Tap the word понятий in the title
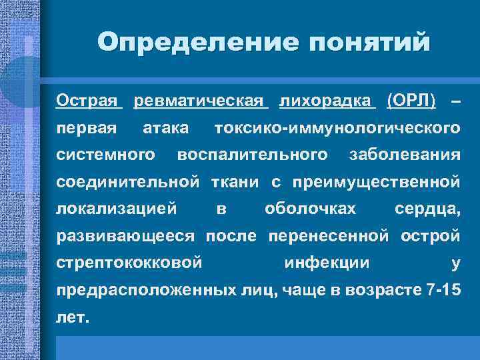pyautogui.click(x=365, y=43)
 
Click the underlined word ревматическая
pyautogui.click(x=201, y=101)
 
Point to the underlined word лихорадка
pyautogui.click(x=327, y=101)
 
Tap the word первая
pyautogui.click(x=87, y=127)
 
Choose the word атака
pyautogui.click(x=166, y=127)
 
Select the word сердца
pyautogui.click(x=427, y=209)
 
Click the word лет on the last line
pyautogui.click(x=72, y=317)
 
